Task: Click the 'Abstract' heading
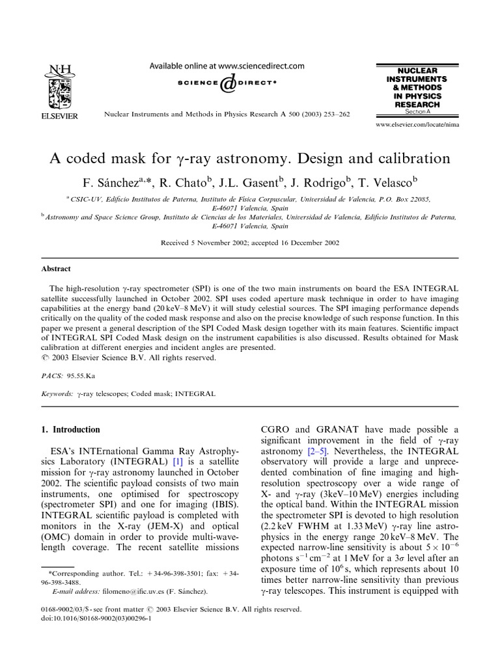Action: click(x=57, y=269)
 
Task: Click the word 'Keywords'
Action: click(x=55, y=393)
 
